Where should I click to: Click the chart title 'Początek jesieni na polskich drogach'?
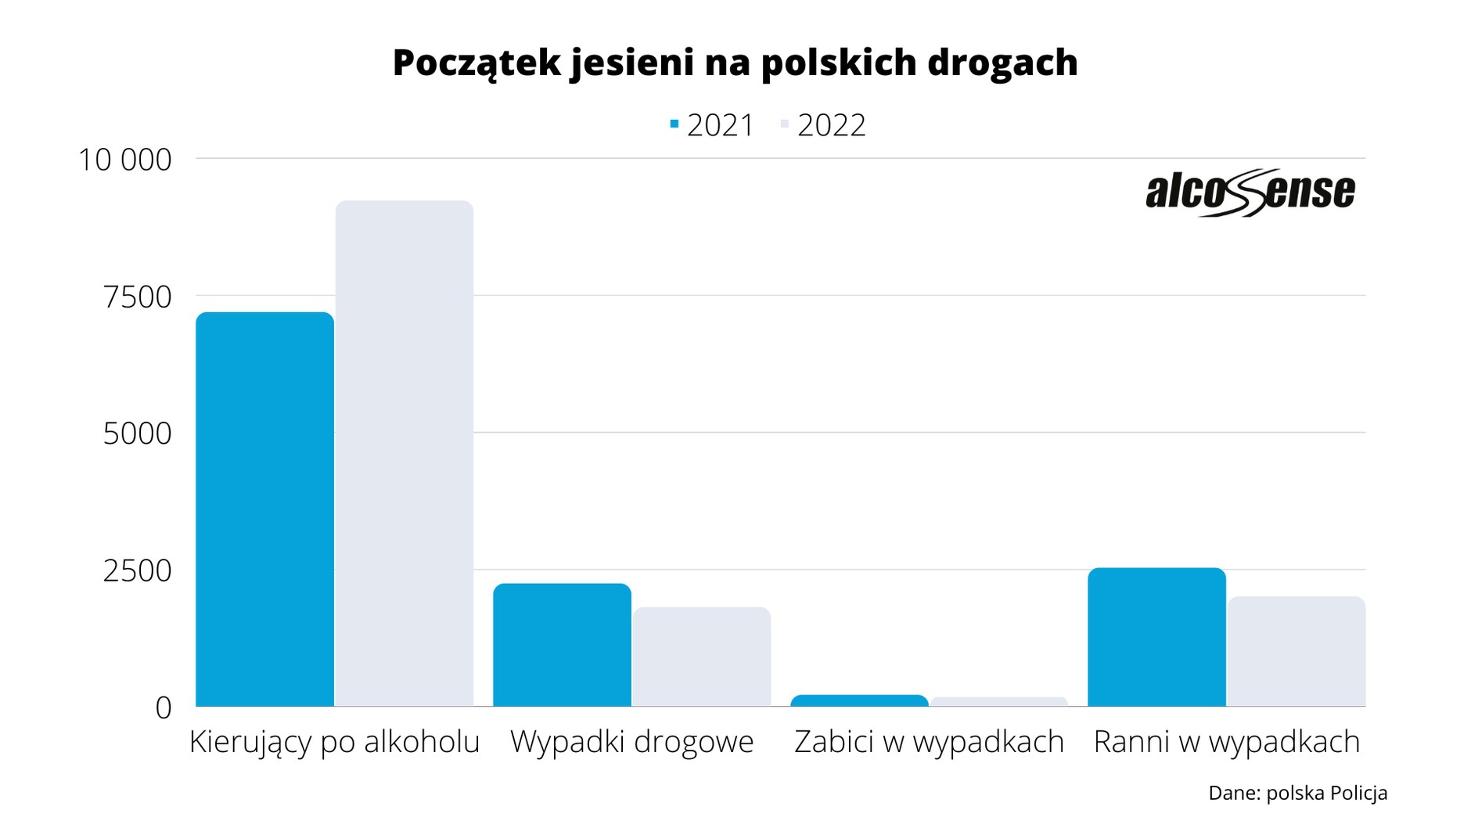coord(735,63)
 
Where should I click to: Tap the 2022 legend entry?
coord(823,125)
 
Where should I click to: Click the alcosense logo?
coord(1250,192)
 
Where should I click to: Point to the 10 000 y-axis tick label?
coord(124,160)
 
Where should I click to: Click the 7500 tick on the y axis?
coord(137,297)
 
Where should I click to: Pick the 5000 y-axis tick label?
coord(137,434)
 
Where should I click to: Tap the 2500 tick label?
coord(137,571)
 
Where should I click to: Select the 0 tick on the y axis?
coord(163,707)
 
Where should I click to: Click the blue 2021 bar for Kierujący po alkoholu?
coord(264,509)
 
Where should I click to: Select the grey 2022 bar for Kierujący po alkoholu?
coord(405,454)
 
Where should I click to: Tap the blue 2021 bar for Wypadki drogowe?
coord(562,645)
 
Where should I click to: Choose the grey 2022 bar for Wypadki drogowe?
coord(702,657)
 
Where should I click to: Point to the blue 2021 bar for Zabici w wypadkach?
coord(859,700)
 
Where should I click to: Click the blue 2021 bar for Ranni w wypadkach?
coord(1156,637)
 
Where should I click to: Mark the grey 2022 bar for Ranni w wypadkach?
coord(1297,651)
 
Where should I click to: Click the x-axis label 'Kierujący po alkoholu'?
coord(334,742)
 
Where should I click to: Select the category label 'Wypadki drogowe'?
coord(631,742)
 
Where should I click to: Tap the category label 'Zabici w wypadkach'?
coord(929,742)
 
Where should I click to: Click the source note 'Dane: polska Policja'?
coord(1297,793)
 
